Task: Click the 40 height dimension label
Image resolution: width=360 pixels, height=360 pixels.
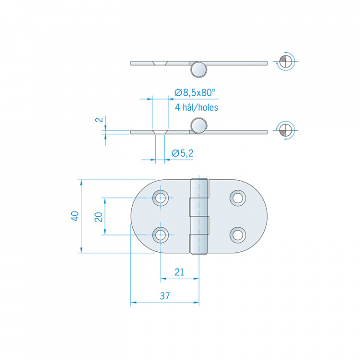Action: (x=75, y=216)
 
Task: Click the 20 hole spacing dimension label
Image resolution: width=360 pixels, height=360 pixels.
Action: (x=99, y=217)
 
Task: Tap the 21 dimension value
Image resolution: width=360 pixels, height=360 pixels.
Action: (x=179, y=272)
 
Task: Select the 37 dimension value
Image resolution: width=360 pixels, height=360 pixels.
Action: (x=165, y=296)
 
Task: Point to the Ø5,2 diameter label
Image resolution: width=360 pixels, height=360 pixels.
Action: (x=183, y=153)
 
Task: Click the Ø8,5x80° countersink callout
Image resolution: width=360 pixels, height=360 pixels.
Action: (x=195, y=93)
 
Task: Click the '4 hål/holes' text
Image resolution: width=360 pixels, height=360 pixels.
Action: (x=197, y=107)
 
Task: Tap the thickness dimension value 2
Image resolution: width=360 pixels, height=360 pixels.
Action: (x=99, y=119)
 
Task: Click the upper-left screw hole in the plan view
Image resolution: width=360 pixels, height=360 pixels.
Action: (x=161, y=198)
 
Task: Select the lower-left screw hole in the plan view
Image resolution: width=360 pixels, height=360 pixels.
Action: (x=161, y=235)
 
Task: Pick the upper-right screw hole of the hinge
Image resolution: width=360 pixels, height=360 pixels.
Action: (x=238, y=198)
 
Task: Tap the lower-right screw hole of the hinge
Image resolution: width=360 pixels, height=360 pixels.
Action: (x=238, y=235)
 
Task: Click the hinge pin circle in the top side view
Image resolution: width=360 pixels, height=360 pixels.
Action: (x=199, y=69)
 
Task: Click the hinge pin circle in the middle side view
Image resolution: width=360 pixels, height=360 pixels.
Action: (x=199, y=126)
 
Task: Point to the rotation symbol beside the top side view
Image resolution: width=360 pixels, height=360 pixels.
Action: (x=286, y=61)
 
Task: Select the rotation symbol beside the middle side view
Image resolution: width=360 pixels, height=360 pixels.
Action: (x=286, y=130)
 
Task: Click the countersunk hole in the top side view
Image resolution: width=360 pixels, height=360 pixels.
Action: (x=160, y=63)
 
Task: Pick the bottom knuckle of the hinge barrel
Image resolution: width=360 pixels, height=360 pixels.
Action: (x=199, y=244)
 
